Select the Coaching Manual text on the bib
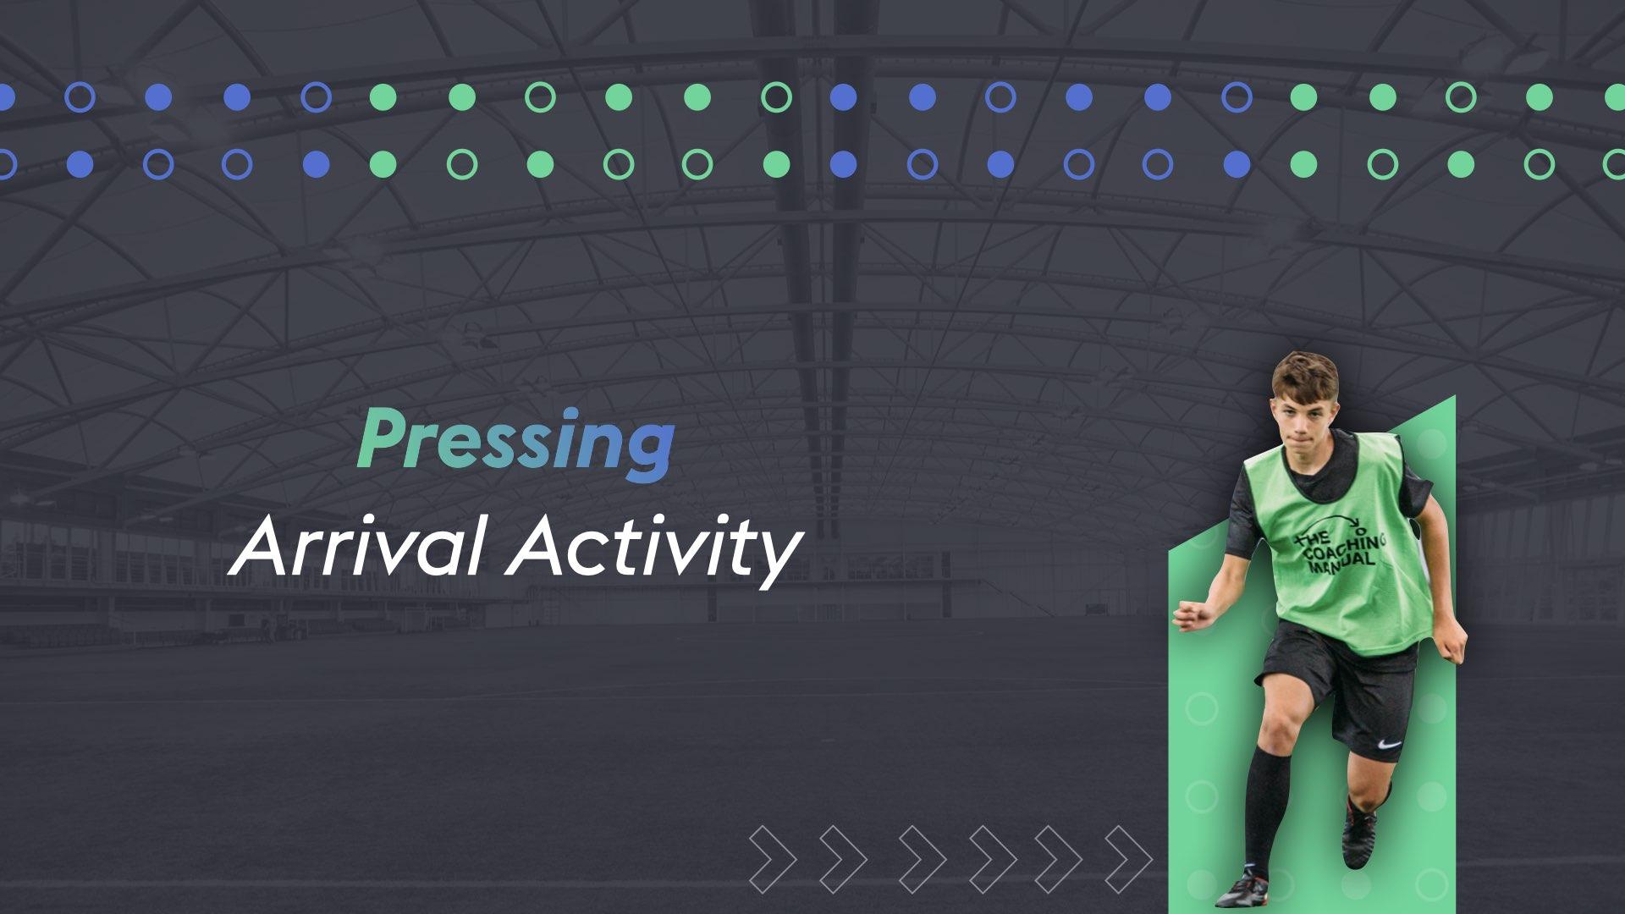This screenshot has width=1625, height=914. (x=1337, y=550)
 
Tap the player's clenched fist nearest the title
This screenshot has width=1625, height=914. (x=1189, y=615)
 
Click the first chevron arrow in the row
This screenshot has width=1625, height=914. (x=771, y=860)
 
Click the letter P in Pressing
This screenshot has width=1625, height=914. (x=378, y=438)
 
